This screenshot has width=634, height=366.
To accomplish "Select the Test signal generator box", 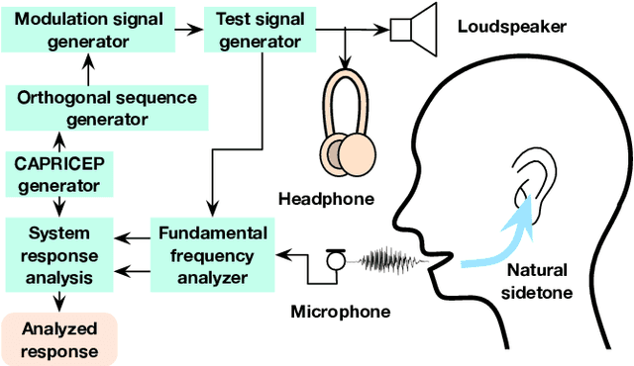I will coord(254,30).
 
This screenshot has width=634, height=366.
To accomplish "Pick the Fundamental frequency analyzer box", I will coord(211,255).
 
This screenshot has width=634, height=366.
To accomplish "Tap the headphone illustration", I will coord(347,124).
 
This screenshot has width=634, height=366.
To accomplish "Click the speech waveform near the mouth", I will coord(390,261).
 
